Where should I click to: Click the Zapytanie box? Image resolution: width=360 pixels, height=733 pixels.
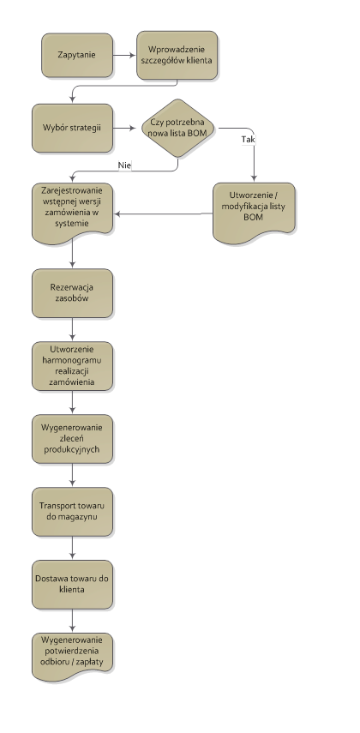click(77, 55)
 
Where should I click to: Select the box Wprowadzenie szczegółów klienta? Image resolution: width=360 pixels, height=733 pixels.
click(177, 55)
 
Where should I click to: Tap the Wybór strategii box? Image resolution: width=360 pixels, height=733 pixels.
click(72, 128)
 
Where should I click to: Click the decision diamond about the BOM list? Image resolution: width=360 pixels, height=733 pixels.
click(177, 128)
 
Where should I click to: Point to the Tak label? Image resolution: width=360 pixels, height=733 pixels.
click(249, 139)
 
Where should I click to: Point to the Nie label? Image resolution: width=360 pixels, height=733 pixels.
click(124, 165)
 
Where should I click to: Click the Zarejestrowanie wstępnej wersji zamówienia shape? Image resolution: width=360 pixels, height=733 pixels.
click(72, 213)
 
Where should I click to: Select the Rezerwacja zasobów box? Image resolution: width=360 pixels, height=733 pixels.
click(72, 293)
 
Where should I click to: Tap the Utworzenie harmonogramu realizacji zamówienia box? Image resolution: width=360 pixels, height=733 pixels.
click(72, 366)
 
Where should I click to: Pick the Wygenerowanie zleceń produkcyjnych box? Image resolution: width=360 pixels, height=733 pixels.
click(72, 439)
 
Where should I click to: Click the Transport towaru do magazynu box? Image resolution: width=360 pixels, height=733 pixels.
click(72, 512)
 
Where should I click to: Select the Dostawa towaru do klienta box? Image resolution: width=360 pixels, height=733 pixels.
click(72, 585)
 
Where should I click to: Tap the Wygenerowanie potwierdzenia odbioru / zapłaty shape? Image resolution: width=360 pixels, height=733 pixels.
click(72, 657)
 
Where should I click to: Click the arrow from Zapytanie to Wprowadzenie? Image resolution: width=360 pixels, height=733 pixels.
click(124, 55)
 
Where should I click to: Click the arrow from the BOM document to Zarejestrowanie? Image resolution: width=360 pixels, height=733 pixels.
click(163, 213)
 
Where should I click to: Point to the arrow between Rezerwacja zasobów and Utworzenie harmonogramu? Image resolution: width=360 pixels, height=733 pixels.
click(73, 329)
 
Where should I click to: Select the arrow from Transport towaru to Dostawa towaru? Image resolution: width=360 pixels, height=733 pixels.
click(73, 548)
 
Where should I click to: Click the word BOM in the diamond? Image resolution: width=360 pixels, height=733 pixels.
click(198, 133)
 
